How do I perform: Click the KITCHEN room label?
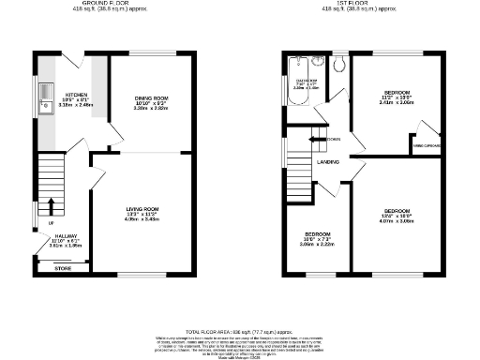click(77, 95)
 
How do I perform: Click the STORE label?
click(64, 267)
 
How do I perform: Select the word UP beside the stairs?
click(37, 224)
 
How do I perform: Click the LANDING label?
click(328, 161)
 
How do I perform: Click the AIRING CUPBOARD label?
click(427, 145)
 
